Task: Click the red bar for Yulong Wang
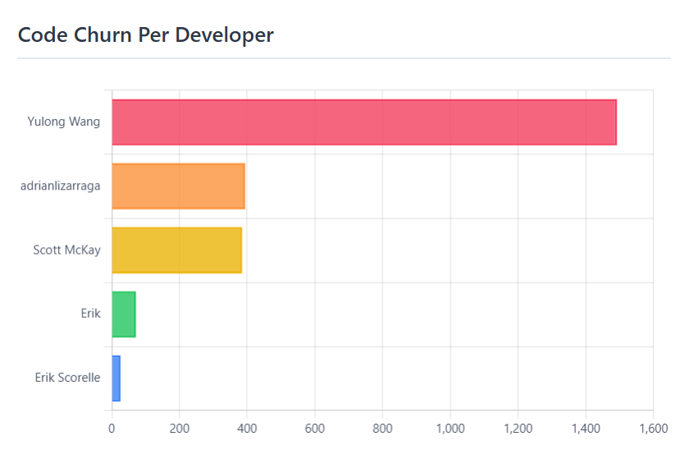pyautogui.click(x=363, y=122)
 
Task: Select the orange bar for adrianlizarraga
pyautogui.click(x=178, y=186)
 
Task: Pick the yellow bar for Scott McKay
pyautogui.click(x=176, y=250)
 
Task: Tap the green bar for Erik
pyautogui.click(x=124, y=314)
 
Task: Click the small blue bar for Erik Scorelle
pyautogui.click(x=116, y=378)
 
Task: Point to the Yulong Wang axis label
pyautogui.click(x=64, y=122)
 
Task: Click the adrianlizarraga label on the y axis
pyautogui.click(x=61, y=186)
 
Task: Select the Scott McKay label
pyautogui.click(x=66, y=250)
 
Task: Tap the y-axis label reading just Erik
pyautogui.click(x=90, y=314)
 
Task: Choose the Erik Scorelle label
pyautogui.click(x=67, y=378)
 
